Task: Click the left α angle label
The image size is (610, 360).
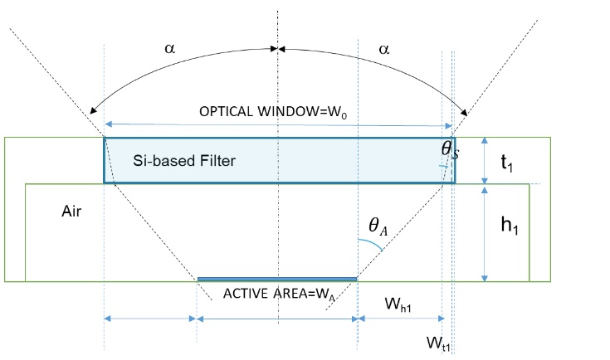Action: (x=170, y=49)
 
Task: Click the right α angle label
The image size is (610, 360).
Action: (x=384, y=50)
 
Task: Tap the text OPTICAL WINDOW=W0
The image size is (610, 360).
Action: (x=273, y=112)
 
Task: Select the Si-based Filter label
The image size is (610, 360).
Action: (x=184, y=161)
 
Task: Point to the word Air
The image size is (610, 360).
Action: (x=71, y=211)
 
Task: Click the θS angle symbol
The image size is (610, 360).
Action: (x=450, y=149)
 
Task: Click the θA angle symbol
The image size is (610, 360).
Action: (x=378, y=226)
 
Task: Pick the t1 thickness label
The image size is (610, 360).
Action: (x=507, y=163)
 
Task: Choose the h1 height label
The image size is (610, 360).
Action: (x=510, y=225)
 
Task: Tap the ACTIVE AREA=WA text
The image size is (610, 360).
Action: (x=279, y=294)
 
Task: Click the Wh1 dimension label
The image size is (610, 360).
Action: (x=398, y=304)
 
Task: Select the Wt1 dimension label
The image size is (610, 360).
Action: (x=438, y=343)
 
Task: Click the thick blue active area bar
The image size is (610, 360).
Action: (x=277, y=280)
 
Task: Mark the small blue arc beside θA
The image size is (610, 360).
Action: (x=371, y=244)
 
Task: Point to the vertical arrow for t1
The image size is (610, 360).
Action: (x=485, y=161)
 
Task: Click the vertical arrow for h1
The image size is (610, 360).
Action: (x=485, y=234)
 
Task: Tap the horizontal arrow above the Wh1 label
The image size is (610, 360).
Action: (x=401, y=319)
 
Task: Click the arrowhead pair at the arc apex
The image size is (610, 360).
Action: (x=278, y=49)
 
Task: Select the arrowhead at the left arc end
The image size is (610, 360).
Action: (x=93, y=110)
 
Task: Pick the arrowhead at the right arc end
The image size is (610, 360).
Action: (x=464, y=112)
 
